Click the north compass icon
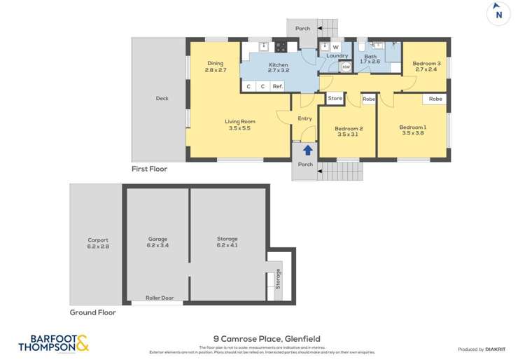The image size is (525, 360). pos(498,14)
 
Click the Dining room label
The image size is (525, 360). pos(215,67)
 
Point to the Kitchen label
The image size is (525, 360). pos(278,67)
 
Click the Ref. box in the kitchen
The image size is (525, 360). pos(278,87)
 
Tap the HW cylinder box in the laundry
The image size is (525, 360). pos(346,67)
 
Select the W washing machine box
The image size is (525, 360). pos(335,48)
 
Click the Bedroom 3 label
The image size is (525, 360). pos(426,67)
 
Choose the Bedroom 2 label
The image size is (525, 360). pos(348,130)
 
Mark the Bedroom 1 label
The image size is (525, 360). pos(412,130)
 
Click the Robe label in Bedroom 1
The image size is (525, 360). pos(435,99)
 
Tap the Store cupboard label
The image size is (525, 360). pos(335,99)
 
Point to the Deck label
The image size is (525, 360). pos(162,99)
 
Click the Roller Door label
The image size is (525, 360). pos(159,298)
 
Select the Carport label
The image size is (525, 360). pos(98,242)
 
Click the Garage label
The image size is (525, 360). pos(158,242)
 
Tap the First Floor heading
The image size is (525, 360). pos(150,169)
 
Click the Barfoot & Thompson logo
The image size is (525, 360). pos(53,342)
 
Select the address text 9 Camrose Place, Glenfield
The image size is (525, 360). pos(257,339)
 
